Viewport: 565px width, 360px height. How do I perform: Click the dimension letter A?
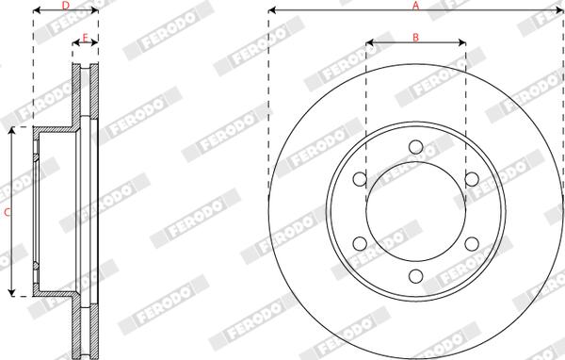point(415,6)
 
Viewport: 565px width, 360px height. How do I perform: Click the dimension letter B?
point(415,37)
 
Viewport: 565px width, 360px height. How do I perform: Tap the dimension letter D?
point(65,6)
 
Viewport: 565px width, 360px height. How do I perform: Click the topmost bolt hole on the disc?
point(415,146)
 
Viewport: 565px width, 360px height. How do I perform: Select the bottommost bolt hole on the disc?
point(415,277)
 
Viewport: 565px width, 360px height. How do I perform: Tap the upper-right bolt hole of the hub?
point(472,179)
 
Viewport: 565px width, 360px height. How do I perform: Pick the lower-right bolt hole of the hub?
point(472,245)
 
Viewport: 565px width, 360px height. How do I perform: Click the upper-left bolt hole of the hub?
point(359,179)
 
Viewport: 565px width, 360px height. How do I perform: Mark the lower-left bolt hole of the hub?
point(359,245)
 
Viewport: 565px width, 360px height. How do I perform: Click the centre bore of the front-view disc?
point(415,212)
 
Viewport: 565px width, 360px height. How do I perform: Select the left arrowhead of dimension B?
point(368,43)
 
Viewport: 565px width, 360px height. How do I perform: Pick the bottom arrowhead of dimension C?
point(12,293)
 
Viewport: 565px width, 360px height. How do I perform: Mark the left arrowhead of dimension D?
point(36,12)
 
